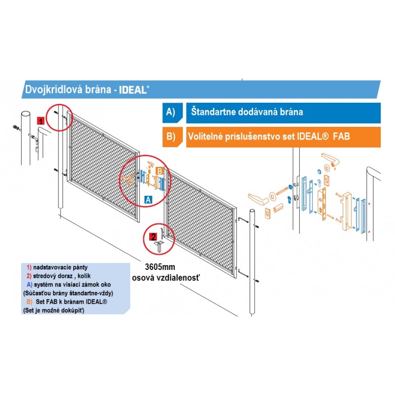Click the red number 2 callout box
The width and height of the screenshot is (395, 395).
pos(154,237)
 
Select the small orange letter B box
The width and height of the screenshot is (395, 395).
pos(160,170)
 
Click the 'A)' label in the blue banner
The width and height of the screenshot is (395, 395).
pos(170,112)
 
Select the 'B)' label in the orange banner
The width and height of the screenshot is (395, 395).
pos(170,136)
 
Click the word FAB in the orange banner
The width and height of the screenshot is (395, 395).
pos(341,136)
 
